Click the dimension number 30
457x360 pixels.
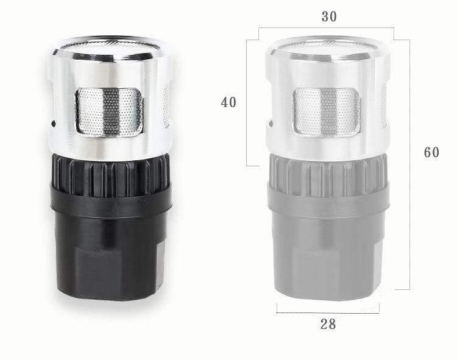(x=329, y=16)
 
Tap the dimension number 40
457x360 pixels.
(x=228, y=102)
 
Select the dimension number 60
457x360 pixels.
(x=431, y=152)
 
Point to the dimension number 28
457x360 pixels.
(x=328, y=324)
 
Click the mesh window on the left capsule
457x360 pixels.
(x=109, y=112)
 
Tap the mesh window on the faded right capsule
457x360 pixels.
(x=327, y=112)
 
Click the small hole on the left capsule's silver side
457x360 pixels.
(x=54, y=124)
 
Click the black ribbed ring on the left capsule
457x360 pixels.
(x=111, y=174)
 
